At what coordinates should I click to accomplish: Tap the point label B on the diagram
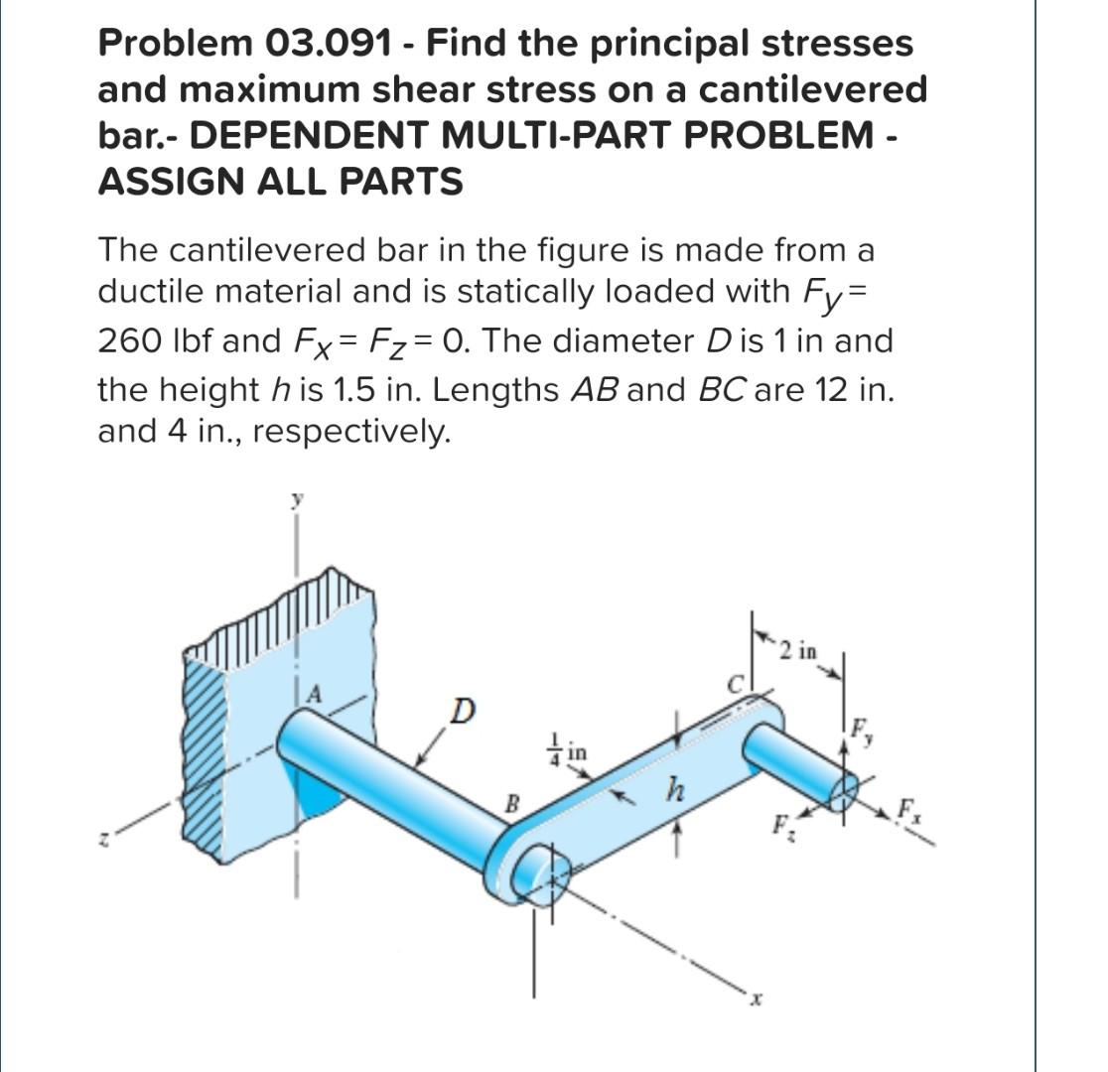point(513,803)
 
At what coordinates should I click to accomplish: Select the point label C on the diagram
point(738,684)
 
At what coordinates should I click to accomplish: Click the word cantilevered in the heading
point(813,89)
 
